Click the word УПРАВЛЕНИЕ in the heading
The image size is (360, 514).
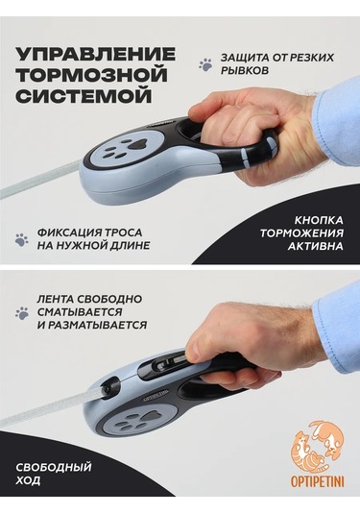pyautogui.click(x=96, y=54)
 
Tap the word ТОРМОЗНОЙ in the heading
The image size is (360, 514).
pyautogui.click(x=92, y=75)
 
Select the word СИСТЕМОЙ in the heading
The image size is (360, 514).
pyautogui.click(x=84, y=96)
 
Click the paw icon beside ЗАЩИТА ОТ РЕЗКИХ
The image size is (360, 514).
pyautogui.click(x=205, y=64)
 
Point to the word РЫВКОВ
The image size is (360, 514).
pyautogui.click(x=245, y=71)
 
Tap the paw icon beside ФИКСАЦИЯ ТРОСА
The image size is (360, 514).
pyautogui.click(x=22, y=239)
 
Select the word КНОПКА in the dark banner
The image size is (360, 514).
pyautogui.click(x=319, y=220)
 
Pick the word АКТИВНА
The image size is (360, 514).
pyautogui.click(x=316, y=246)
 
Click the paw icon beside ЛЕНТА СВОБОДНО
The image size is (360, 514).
pyautogui.click(x=22, y=313)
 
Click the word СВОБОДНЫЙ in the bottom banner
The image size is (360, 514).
pyautogui.click(x=54, y=468)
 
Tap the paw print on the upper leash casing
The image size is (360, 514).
pyautogui.click(x=125, y=148)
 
